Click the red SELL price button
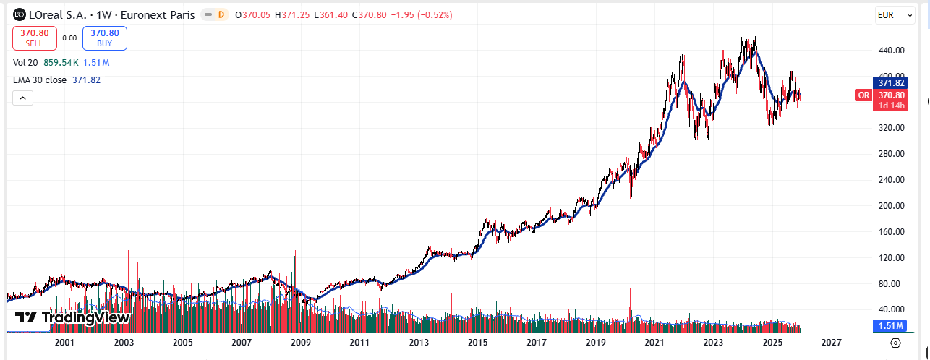pyautogui.click(x=34, y=38)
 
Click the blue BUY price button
pyautogui.click(x=104, y=38)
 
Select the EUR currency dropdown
pyautogui.click(x=895, y=14)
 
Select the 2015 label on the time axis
pyautogui.click(x=477, y=343)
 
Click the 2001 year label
pyautogui.click(x=64, y=343)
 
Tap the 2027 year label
pyautogui.click(x=832, y=343)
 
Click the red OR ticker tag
pyautogui.click(x=863, y=95)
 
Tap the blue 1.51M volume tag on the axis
pyautogui.click(x=890, y=326)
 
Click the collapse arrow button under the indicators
pyautogui.click(x=22, y=98)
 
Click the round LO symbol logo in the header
pyautogui.click(x=19, y=14)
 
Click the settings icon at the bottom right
pyautogui.click(x=895, y=343)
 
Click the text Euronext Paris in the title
pyautogui.click(x=158, y=14)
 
